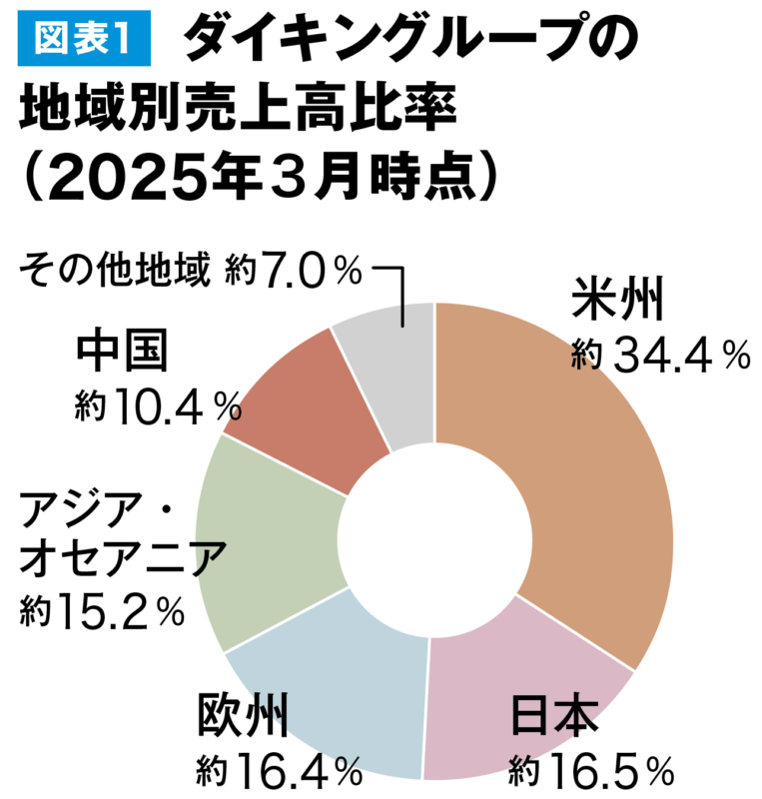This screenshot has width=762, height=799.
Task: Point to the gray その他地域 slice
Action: point(389,370)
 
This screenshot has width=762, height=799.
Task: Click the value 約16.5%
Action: point(590,769)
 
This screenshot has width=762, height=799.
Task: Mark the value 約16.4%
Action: point(279,769)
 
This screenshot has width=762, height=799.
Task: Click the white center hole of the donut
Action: point(434,539)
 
